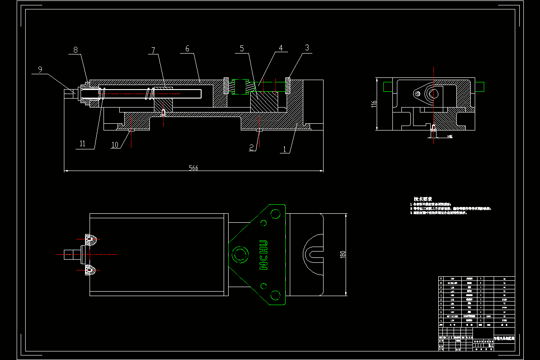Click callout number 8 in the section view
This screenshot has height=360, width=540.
[x=76, y=50]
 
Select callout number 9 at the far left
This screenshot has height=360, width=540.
[x=40, y=69]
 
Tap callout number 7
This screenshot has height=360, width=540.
[x=153, y=50]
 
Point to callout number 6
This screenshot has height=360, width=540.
[x=187, y=49]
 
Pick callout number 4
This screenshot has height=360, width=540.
[x=280, y=47]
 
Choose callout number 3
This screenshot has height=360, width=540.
[x=307, y=47]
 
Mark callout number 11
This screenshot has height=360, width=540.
[x=82, y=144]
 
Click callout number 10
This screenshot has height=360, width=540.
[x=115, y=144]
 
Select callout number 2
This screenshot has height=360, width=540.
[x=252, y=147]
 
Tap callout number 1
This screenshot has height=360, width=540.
[x=284, y=150]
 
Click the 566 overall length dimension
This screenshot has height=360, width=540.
[x=193, y=168]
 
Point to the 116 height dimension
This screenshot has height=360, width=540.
[x=373, y=103]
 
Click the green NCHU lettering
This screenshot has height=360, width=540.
[x=264, y=255]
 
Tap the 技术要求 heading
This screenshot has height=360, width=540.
[x=423, y=199]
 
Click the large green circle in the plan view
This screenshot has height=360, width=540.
[x=240, y=255]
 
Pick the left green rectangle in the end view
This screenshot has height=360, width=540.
[x=387, y=85]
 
